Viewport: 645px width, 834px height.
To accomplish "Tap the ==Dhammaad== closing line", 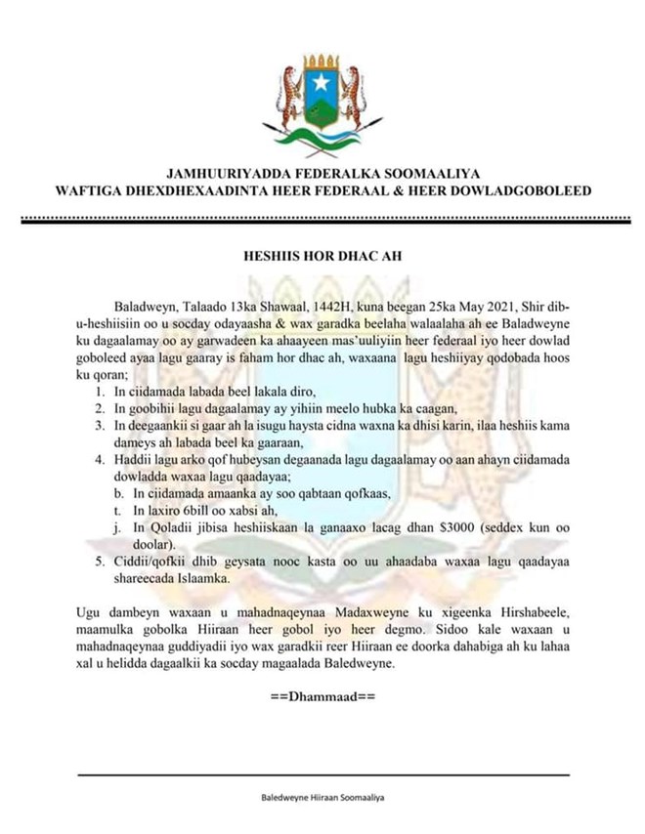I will (322, 698).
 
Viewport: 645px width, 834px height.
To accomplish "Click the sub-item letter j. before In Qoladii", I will (119, 527).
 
